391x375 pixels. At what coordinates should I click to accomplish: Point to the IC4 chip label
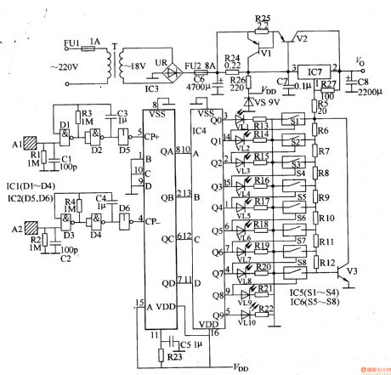tap(198, 130)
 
